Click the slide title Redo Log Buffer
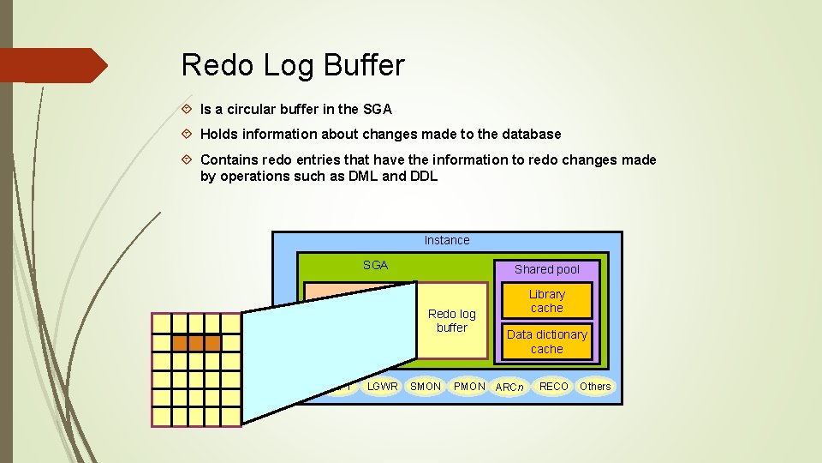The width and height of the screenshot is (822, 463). tap(293, 64)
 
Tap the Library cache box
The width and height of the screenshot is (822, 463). tap(546, 301)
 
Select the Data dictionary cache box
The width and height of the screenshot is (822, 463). tap(546, 341)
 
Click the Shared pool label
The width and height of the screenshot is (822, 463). tap(546, 269)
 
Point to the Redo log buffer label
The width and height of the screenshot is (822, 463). tap(451, 321)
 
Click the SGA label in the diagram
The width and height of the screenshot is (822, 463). tap(375, 265)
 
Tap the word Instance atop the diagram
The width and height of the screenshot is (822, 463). tap(447, 240)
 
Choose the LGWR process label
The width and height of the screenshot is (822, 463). tap(382, 387)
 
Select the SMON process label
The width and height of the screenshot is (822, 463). tap(426, 387)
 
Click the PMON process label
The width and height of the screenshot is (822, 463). tap(469, 387)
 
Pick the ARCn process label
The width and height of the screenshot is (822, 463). tap(509, 388)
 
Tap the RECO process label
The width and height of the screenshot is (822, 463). tap(553, 387)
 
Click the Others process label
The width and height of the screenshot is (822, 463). tap(595, 387)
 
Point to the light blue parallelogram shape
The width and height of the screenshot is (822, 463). tap(330, 352)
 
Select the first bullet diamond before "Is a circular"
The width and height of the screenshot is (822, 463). tap(188, 110)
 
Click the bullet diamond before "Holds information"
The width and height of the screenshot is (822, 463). tap(188, 135)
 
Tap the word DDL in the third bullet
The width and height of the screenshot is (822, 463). tap(423, 176)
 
